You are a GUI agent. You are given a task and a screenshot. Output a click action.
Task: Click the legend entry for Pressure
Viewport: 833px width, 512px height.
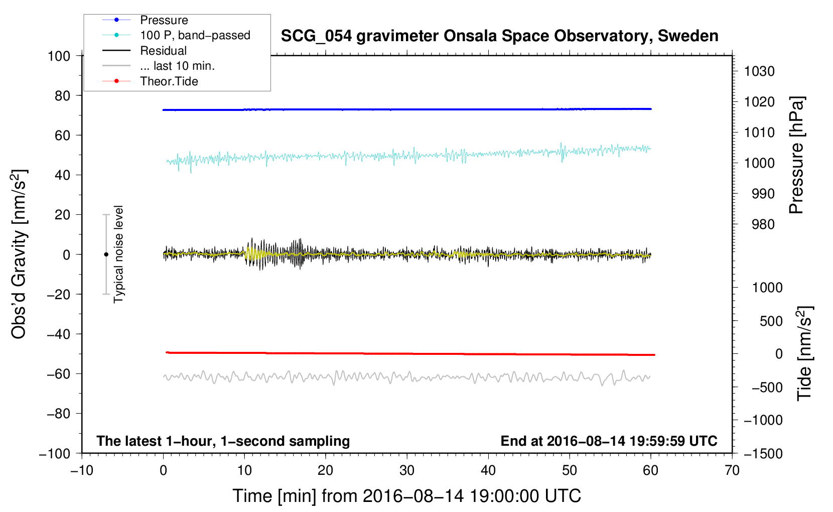pyautogui.click(x=164, y=21)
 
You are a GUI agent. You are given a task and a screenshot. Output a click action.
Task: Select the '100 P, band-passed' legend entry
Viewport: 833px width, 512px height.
pyautogui.click(x=195, y=36)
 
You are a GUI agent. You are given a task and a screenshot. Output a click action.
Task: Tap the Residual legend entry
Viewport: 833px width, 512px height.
pyautogui.click(x=163, y=51)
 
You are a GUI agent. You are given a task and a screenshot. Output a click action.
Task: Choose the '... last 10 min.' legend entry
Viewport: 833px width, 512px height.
pyautogui.click(x=177, y=66)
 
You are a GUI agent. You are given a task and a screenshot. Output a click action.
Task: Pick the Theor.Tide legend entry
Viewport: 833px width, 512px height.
pyautogui.click(x=169, y=81)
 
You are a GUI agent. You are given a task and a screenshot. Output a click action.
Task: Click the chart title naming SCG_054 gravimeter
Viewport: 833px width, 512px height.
pyautogui.click(x=499, y=36)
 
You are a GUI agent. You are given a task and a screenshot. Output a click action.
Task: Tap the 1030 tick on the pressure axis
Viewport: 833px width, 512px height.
pyautogui.click(x=759, y=71)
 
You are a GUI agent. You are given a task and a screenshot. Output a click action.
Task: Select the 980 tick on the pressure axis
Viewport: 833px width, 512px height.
pyautogui.click(x=759, y=224)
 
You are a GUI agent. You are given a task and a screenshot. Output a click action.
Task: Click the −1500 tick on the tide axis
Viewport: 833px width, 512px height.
pyautogui.click(x=763, y=453)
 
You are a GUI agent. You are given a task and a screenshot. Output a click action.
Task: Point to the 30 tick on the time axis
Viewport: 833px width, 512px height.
pyautogui.click(x=407, y=470)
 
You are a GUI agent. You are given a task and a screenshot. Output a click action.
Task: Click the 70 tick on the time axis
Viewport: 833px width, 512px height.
pyautogui.click(x=732, y=470)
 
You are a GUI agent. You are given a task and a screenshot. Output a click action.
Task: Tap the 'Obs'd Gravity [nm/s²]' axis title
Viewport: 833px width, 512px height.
pyautogui.click(x=19, y=254)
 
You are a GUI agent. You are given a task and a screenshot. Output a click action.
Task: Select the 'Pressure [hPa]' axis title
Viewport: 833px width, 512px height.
pyautogui.click(x=797, y=156)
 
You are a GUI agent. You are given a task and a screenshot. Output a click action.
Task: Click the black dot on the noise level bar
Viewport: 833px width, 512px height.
pyautogui.click(x=106, y=254)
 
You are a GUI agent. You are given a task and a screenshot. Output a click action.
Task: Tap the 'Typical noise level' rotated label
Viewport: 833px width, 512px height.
pyautogui.click(x=118, y=254)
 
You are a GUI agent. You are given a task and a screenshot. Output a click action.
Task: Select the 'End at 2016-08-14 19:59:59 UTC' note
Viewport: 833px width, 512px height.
pyautogui.click(x=609, y=441)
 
